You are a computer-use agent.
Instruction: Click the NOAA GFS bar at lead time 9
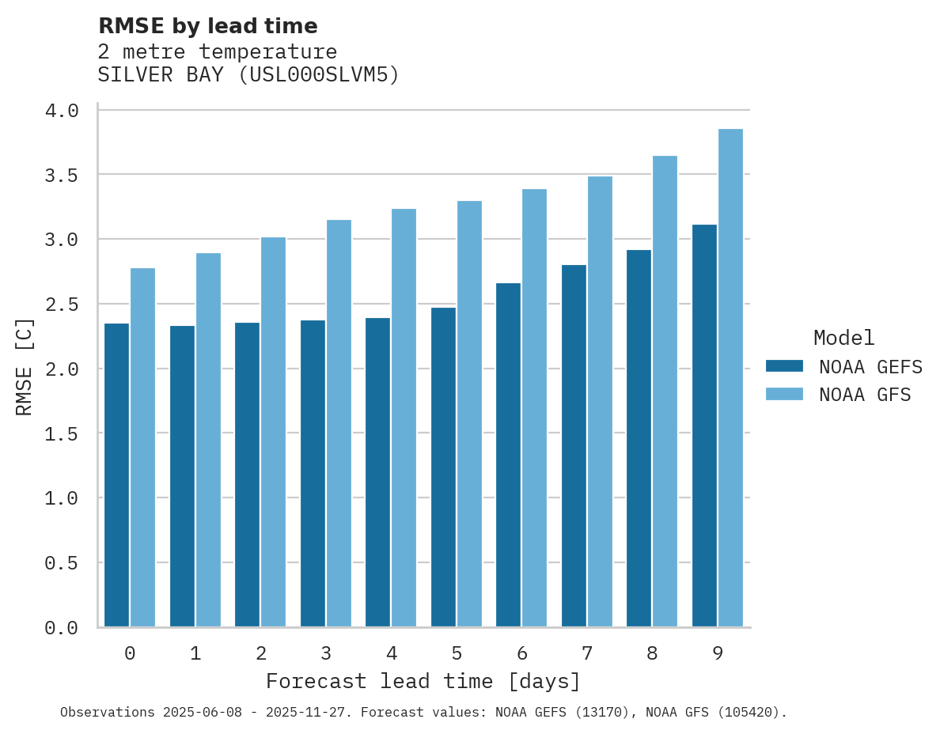point(730,378)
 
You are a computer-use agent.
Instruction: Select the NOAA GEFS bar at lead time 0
point(116,475)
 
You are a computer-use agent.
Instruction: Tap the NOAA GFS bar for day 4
point(404,418)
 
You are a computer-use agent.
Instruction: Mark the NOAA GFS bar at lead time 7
point(600,402)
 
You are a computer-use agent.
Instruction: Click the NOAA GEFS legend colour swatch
point(784,366)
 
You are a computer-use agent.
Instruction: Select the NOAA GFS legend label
point(865,395)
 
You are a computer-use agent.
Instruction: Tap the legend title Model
point(843,339)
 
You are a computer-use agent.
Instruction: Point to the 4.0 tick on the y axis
point(62,111)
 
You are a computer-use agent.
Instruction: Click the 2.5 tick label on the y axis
point(62,305)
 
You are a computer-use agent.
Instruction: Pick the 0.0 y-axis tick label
point(62,628)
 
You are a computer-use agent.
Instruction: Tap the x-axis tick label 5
point(457,653)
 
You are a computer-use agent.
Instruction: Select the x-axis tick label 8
point(652,653)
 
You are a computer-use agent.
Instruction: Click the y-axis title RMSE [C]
point(25,366)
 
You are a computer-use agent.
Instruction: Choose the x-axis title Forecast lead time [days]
point(423,681)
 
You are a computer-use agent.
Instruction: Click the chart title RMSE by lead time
point(207,26)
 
